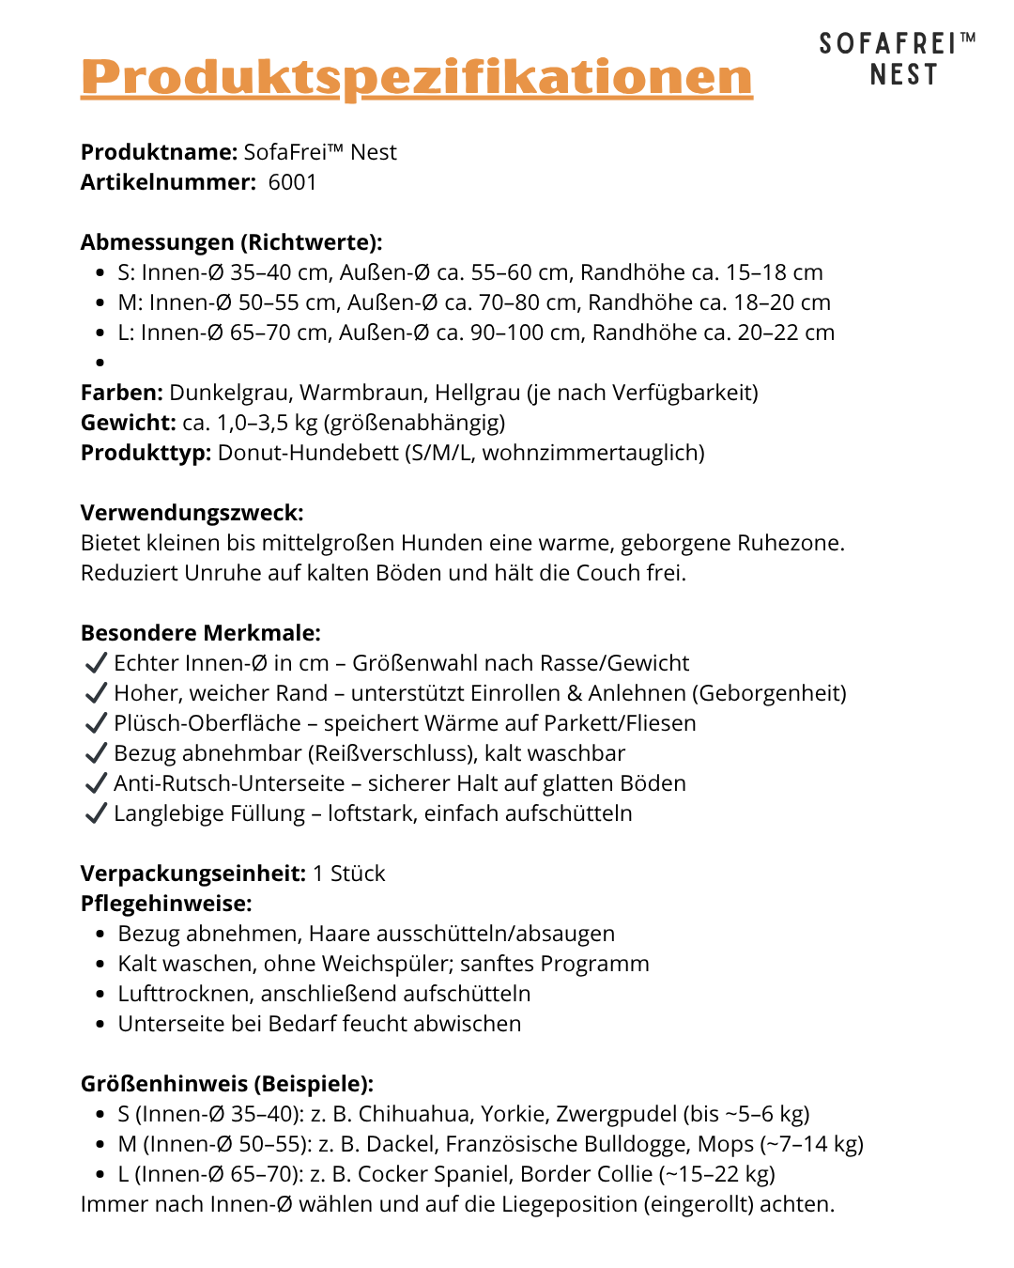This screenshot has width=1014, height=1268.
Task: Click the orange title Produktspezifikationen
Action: pyautogui.click(x=416, y=77)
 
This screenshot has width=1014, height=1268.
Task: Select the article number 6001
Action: pyautogui.click(x=292, y=182)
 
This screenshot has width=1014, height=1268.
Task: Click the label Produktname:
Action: pyautogui.click(x=159, y=152)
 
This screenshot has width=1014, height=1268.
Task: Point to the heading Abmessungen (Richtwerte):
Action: pyautogui.click(x=231, y=242)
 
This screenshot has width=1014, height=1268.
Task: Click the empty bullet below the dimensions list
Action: pyautogui.click(x=100, y=363)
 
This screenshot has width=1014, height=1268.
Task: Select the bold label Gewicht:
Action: pyautogui.click(x=128, y=423)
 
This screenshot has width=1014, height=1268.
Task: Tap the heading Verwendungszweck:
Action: pyautogui.click(x=192, y=513)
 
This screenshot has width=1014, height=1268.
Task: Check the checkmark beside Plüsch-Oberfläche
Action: pyautogui.click(x=95, y=723)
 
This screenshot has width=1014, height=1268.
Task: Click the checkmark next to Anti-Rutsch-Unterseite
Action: pyautogui.click(x=95, y=783)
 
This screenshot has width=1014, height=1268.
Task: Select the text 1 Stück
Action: pyautogui.click(x=348, y=874)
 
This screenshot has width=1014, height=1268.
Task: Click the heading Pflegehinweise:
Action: pyautogui.click(x=166, y=904)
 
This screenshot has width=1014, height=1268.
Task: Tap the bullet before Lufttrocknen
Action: pyautogui.click(x=100, y=995)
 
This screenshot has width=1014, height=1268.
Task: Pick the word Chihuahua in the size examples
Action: pyautogui.click(x=414, y=1114)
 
